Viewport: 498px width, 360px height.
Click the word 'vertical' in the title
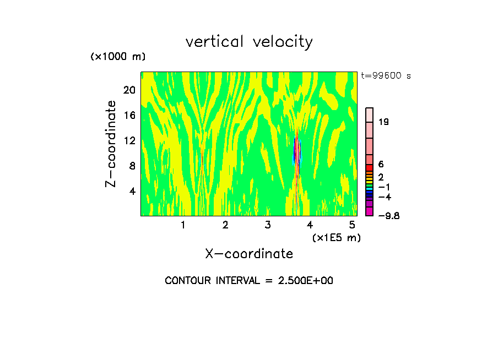213,42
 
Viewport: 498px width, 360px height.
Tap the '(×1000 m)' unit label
118,57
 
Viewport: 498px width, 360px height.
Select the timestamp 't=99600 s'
386,76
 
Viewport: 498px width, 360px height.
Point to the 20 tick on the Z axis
129,90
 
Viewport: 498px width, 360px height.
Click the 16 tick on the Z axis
129,115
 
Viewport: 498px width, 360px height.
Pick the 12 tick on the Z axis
129,140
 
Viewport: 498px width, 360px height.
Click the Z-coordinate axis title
111,143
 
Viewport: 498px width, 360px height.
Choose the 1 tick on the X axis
183,225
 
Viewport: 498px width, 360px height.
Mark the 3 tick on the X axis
268,225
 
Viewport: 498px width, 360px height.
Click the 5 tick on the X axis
352,225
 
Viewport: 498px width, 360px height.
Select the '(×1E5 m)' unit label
336,237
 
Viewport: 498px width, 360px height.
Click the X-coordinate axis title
249,254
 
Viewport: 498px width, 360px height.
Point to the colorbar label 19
384,122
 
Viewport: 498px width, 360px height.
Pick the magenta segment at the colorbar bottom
370,211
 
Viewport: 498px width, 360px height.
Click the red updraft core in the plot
296,150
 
